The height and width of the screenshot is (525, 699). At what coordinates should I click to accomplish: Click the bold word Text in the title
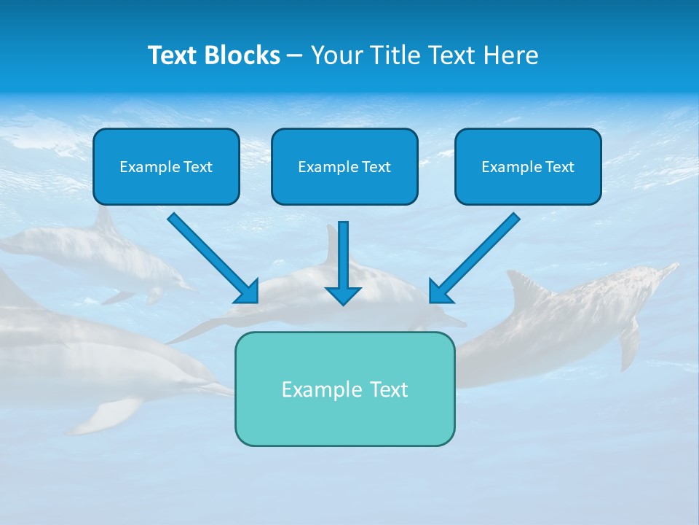[172, 55]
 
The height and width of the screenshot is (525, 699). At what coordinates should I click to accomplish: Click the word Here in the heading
[513, 55]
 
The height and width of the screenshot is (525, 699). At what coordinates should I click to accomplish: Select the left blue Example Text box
[166, 166]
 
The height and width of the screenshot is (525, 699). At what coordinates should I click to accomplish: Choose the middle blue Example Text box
[344, 166]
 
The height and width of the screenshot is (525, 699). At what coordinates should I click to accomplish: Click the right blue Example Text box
[528, 166]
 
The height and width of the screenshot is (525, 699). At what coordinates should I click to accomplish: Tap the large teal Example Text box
[344, 389]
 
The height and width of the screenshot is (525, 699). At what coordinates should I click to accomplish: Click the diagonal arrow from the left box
[211, 257]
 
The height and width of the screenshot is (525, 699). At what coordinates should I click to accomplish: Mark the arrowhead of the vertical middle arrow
[343, 295]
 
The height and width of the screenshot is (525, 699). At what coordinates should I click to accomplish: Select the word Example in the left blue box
[149, 167]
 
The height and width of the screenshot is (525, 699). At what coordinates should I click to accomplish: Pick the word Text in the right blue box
[558, 167]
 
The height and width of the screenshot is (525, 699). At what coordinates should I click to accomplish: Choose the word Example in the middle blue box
[328, 167]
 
